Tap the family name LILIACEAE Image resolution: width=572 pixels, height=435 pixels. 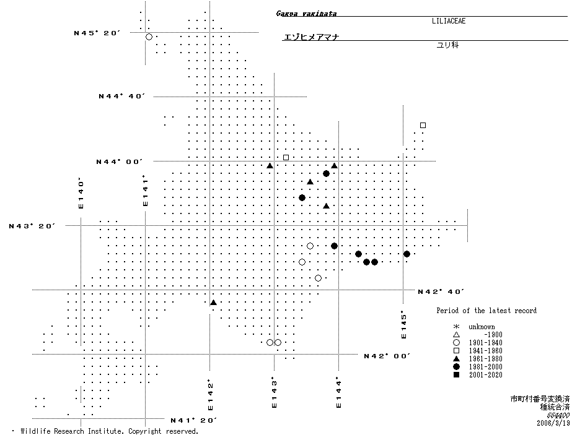[449, 21]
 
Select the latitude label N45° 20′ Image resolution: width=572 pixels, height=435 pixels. [95, 33]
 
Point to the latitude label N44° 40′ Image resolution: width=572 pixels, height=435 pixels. [122, 97]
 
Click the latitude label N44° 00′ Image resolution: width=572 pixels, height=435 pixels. [119, 162]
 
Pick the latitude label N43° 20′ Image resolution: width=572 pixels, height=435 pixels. [32, 226]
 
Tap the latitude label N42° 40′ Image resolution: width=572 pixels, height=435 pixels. [441, 291]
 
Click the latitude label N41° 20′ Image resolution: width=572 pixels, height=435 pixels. [193, 420]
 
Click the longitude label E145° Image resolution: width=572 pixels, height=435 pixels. [404, 324]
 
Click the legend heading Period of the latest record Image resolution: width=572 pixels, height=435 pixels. [486, 311]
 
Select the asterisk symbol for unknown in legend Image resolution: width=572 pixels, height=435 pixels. [456, 327]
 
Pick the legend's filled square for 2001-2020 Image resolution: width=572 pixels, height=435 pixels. [456, 375]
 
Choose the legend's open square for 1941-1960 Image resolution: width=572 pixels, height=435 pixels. [456, 351]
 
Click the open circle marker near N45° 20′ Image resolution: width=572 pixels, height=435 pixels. [149, 37]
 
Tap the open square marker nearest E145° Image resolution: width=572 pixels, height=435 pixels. [423, 125]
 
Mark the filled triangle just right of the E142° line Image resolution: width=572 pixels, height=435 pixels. [213, 302]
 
